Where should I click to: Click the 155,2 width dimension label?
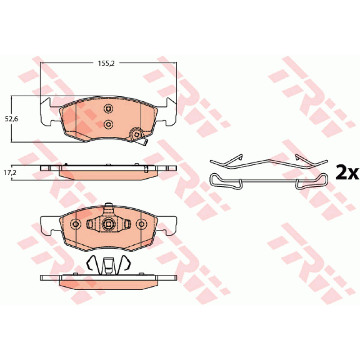[106, 63]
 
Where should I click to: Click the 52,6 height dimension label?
[12, 119]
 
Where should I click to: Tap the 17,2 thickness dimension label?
[10, 173]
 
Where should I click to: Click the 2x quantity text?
[347, 173]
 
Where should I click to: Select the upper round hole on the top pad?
[108, 108]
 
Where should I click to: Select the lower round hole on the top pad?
[108, 125]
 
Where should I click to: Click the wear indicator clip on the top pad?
[138, 137]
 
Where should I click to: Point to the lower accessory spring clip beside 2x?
[269, 182]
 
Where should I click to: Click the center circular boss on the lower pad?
[108, 224]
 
